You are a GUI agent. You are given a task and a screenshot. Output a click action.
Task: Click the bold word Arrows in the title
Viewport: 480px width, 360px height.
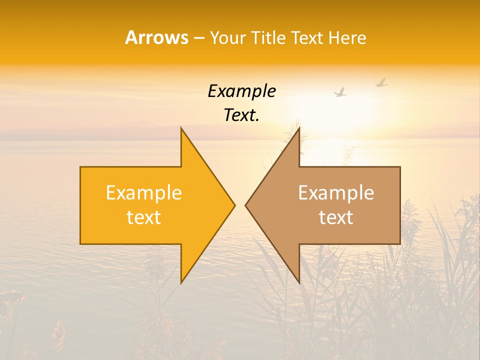point(156,38)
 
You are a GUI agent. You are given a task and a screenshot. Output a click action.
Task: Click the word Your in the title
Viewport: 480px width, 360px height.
point(227,38)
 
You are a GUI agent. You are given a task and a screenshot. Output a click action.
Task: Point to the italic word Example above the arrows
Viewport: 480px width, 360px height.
point(242,91)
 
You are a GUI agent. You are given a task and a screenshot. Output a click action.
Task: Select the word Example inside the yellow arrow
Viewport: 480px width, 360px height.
point(144,192)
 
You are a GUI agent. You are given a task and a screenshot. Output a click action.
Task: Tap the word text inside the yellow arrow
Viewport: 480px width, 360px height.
point(144,217)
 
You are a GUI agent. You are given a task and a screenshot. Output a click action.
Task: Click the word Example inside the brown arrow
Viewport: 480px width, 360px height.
point(336,192)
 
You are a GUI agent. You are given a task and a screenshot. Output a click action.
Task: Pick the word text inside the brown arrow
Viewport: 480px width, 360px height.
point(336,217)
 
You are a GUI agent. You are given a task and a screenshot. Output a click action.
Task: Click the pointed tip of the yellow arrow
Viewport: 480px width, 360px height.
point(234,205)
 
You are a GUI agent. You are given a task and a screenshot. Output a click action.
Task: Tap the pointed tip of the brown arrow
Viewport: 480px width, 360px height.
point(245,205)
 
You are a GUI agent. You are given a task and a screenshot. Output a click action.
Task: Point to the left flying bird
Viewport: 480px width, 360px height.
point(341,92)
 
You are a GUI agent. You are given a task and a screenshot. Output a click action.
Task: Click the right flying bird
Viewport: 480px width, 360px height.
point(381,82)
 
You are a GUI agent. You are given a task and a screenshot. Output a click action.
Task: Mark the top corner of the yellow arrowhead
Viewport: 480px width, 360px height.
point(181,128)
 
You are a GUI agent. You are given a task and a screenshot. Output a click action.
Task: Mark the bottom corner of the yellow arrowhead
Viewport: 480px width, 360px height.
point(181,282)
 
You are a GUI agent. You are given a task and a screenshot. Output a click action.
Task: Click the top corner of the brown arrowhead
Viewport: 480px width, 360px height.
point(299,128)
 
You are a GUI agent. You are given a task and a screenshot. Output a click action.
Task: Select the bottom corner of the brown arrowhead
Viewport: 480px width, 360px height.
point(299,282)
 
